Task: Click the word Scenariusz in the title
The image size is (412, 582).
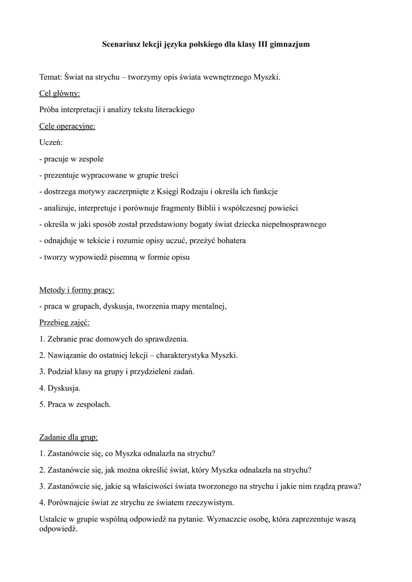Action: point(121,43)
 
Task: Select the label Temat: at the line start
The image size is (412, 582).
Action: point(51,77)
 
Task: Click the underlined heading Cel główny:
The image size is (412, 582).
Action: point(60,93)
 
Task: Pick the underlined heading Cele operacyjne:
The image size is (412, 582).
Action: point(67,126)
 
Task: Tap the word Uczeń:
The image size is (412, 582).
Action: point(51,143)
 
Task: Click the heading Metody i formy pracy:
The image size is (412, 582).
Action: point(77,290)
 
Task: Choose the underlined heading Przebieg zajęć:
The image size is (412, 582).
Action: point(65,323)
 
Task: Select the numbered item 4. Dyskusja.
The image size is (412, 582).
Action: point(60,388)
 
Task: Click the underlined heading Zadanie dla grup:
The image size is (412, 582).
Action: point(69,438)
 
